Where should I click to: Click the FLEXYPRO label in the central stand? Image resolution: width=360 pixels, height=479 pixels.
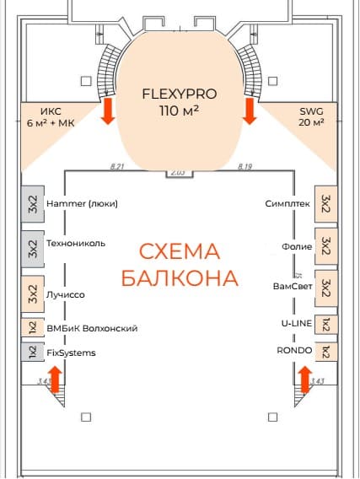[x=180, y=94]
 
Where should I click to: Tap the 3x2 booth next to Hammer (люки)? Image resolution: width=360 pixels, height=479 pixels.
[x=33, y=204]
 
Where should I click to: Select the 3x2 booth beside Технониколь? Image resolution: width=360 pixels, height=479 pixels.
[x=33, y=249]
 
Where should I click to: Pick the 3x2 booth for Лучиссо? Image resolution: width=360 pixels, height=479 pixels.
[x=33, y=293]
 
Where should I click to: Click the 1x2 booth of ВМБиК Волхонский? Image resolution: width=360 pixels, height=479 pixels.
[x=33, y=327]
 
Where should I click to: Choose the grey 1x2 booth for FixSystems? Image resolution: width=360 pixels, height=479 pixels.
[x=33, y=352]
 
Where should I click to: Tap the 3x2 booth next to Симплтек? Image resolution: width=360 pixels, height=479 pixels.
[x=326, y=204]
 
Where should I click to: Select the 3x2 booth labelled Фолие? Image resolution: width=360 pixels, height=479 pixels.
[x=326, y=246]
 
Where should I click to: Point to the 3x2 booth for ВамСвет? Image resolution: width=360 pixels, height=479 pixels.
[x=326, y=288]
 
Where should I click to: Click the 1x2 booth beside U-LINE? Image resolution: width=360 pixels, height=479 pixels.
[x=326, y=325]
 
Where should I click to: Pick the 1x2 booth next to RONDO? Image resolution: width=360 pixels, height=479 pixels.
[x=326, y=352]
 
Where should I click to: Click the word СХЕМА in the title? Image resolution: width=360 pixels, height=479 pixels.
[x=180, y=251]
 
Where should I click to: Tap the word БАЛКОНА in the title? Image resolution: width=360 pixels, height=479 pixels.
[x=180, y=278]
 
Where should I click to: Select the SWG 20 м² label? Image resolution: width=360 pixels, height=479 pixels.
[x=311, y=116]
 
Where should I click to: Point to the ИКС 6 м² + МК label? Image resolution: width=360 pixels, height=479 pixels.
[x=51, y=117]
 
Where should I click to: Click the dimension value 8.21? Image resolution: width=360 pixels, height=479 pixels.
[x=117, y=167]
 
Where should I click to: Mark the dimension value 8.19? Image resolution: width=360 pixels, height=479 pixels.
[x=244, y=167]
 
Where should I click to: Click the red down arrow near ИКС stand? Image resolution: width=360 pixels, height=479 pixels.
[x=108, y=111]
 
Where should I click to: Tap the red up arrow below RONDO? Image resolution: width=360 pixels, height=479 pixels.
[x=305, y=379]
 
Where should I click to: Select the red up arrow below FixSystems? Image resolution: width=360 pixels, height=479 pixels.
[x=56, y=379]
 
